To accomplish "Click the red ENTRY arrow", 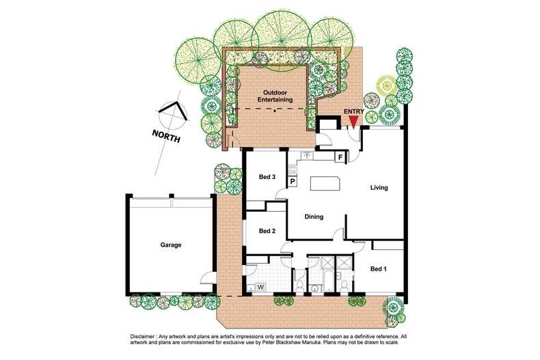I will (353, 122).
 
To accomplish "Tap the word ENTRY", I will (355, 111).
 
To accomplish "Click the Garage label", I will (171, 245).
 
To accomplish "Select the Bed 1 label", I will (378, 268).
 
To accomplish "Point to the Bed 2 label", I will (267, 231).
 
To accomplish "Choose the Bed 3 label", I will (267, 178).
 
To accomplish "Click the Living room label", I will (379, 187).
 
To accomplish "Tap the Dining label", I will (313, 217).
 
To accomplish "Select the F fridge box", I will (340, 157).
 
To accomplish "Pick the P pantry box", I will (292, 182).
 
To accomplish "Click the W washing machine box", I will (260, 287).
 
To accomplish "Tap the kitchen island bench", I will (324, 183).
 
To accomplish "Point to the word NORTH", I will (167, 136).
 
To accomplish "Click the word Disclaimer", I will (145, 337).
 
